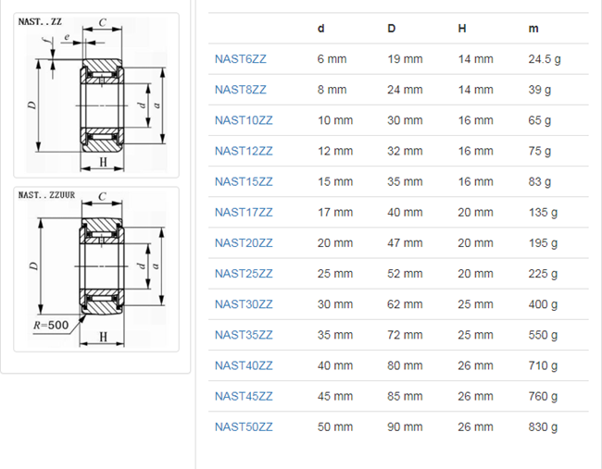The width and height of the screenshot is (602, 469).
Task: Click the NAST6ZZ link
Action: tap(241, 59)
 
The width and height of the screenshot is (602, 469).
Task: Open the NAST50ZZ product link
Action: tap(244, 426)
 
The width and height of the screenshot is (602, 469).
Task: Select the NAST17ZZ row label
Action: tap(244, 212)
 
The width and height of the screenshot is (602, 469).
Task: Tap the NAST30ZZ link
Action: tap(244, 304)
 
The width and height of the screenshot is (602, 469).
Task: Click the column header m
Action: tap(533, 29)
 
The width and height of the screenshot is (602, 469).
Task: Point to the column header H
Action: tap(462, 29)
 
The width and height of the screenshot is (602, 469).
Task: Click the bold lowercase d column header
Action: tap(321, 29)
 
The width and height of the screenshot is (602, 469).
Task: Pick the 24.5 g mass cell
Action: tap(545, 59)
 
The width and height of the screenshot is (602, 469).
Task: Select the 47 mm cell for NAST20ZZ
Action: tap(405, 242)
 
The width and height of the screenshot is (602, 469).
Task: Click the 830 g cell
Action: tap(543, 426)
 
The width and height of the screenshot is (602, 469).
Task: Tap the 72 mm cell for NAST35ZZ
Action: tap(405, 335)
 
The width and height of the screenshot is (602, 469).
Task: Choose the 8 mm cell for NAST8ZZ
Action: tap(332, 90)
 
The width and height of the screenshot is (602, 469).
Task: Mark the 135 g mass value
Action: tap(543, 212)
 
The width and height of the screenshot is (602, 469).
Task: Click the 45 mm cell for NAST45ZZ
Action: tap(335, 396)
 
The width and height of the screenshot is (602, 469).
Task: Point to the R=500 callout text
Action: tap(51, 326)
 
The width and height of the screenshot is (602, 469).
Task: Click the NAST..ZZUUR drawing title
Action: tap(46, 195)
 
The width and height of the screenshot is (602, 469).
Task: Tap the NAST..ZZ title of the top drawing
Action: tap(40, 21)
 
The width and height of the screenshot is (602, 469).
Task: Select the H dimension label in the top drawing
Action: tap(103, 162)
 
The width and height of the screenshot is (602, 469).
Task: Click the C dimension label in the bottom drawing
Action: tap(102, 197)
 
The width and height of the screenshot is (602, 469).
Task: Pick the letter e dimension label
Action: tap(67, 37)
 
